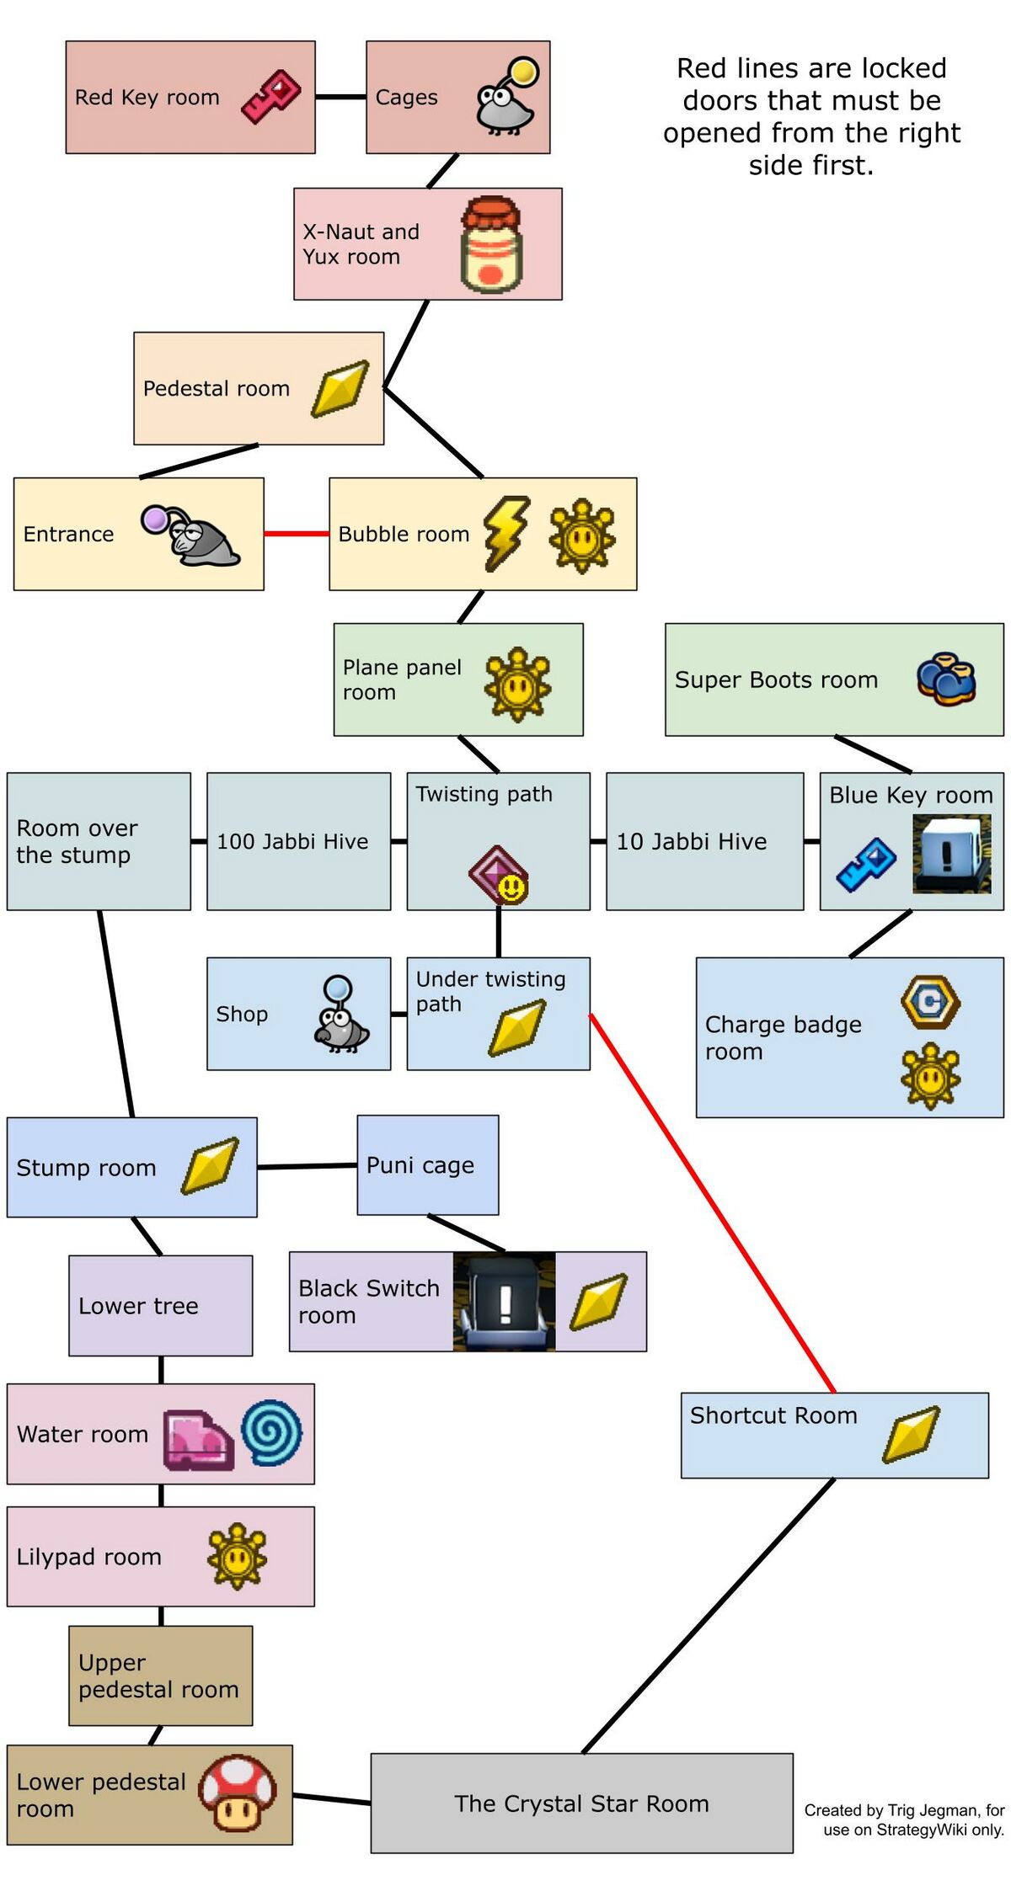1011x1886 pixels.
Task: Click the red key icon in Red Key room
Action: (x=270, y=97)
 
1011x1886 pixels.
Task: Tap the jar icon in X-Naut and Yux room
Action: (x=491, y=244)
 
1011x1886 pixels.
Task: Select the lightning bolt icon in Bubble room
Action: (x=505, y=532)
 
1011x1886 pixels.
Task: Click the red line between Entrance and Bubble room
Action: (x=296, y=533)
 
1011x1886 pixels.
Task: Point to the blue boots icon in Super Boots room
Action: (x=946, y=679)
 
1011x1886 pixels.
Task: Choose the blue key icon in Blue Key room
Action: (x=866, y=864)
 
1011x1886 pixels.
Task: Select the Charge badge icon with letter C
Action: (x=930, y=1002)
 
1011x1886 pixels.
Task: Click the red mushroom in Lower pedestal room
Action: (x=238, y=1793)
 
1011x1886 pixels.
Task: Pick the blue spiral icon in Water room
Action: (x=271, y=1432)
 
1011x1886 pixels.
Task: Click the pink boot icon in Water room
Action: (x=198, y=1440)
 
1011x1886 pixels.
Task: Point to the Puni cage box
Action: (x=427, y=1164)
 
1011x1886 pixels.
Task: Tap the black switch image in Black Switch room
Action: (x=504, y=1301)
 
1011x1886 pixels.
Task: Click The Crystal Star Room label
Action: (x=581, y=1803)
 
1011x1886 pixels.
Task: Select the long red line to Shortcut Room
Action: (x=713, y=1203)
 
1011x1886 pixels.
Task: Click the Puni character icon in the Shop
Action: (x=340, y=1014)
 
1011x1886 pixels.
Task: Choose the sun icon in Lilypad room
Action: (x=237, y=1556)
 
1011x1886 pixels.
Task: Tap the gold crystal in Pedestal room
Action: (x=340, y=388)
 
